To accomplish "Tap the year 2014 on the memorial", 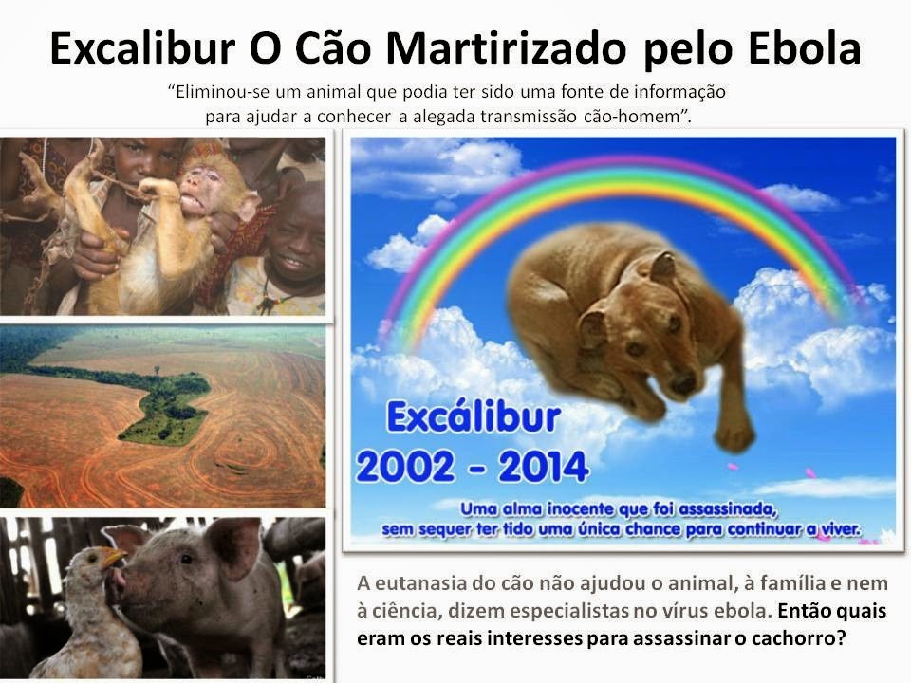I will click(537, 467).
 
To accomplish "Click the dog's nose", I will click(681, 384).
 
